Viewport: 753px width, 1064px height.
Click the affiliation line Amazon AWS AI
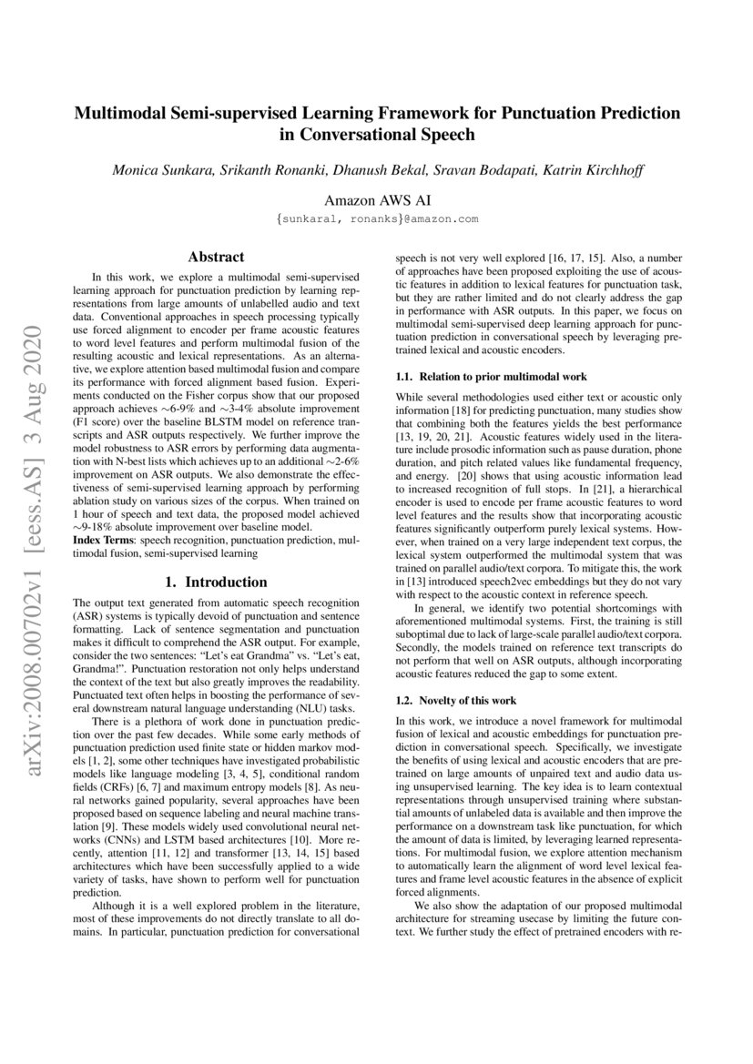click(376, 199)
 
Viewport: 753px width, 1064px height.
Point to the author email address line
click(376, 219)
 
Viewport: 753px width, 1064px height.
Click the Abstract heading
click(215, 258)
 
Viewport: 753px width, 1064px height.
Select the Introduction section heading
click(215, 582)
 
